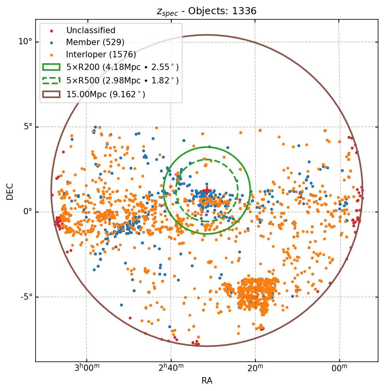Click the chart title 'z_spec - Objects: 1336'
click(207, 11)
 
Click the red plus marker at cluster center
click(207, 191)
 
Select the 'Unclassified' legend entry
click(90, 30)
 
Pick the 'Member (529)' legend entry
click(95, 42)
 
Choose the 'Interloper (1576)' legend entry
click(101, 55)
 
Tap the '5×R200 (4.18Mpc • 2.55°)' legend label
click(122, 67)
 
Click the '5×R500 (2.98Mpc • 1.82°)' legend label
click(122, 81)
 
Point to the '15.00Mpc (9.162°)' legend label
click(105, 94)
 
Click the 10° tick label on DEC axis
click(25, 42)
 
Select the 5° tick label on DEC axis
click(28, 127)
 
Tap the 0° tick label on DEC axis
click(28, 212)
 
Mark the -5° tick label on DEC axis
click(26, 297)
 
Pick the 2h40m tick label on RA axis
click(171, 368)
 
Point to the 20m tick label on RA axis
click(255, 368)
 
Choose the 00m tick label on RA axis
click(339, 368)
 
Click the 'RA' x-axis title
click(207, 381)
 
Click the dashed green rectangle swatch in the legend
click(51, 81)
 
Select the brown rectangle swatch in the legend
click(51, 94)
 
